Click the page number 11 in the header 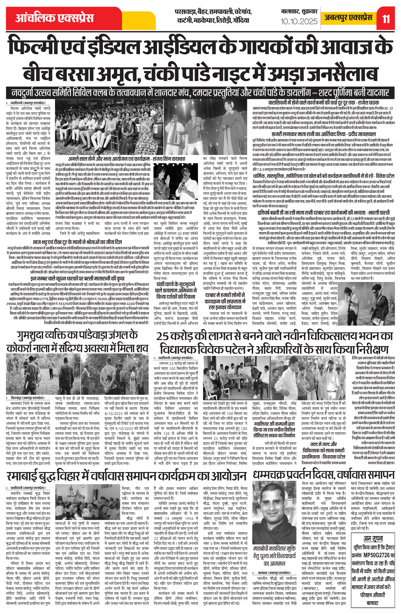coord(386,19)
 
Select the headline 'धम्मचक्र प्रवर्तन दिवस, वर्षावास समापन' coord(324,474)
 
